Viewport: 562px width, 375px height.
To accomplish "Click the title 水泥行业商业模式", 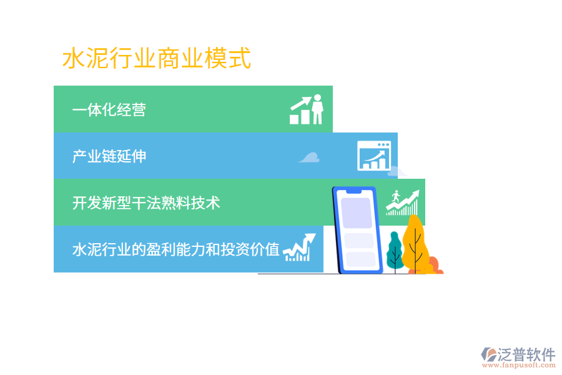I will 157,59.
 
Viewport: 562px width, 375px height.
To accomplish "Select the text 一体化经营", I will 109,110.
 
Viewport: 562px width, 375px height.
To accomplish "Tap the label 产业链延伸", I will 109,156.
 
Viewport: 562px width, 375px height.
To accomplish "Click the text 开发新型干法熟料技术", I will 145,202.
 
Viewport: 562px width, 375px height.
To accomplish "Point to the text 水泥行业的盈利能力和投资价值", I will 175,249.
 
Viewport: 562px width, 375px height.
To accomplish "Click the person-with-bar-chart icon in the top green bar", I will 307,110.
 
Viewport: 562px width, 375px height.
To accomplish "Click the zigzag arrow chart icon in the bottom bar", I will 299,248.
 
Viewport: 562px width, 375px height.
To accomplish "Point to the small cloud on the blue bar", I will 309,157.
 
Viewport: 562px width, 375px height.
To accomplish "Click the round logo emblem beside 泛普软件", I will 488,355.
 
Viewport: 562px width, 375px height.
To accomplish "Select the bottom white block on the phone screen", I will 360,259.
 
